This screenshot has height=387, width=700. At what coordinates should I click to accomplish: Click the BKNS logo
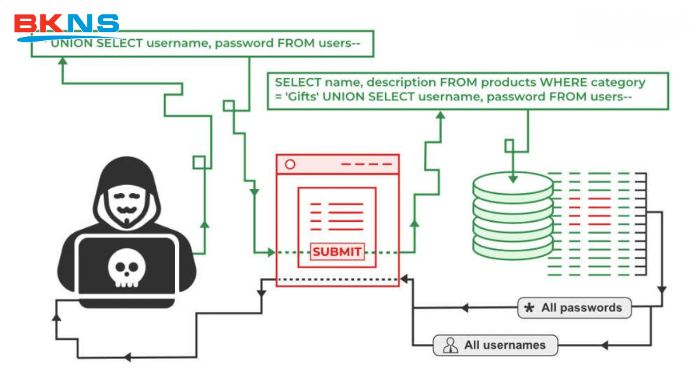[x=67, y=26]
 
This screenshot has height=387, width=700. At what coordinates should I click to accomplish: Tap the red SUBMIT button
[x=336, y=252]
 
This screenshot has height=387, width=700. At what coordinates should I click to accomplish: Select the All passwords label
[x=581, y=308]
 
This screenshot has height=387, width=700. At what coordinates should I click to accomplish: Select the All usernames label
[x=504, y=345]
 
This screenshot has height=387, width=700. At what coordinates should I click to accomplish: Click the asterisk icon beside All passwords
[x=529, y=309]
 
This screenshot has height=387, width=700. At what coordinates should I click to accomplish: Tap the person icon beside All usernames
[x=450, y=345]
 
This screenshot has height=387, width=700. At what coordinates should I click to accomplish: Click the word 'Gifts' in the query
[x=297, y=97]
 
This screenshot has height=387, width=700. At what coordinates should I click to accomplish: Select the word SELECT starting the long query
[x=298, y=82]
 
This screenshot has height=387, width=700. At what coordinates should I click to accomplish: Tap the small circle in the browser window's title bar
[x=290, y=164]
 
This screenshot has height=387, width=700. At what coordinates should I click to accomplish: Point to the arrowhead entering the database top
[x=513, y=178]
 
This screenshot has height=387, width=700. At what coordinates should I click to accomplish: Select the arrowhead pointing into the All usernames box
[x=604, y=345]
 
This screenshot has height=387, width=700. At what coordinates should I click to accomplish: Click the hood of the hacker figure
[x=123, y=171]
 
